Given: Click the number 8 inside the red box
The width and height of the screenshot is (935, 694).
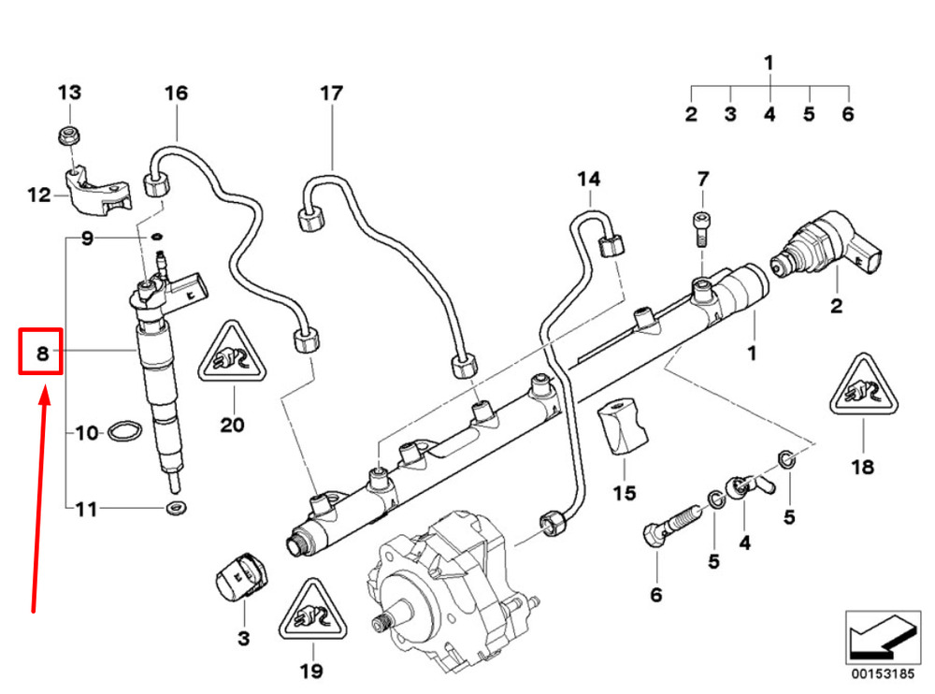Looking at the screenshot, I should (41, 353).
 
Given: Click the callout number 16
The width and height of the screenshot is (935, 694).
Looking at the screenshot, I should (176, 93).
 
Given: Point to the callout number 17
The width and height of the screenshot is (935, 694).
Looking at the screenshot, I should (331, 93).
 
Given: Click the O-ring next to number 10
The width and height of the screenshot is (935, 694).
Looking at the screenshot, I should (122, 431).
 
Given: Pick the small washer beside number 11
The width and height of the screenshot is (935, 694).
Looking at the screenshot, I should (173, 509).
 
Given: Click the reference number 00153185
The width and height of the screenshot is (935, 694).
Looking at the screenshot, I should (875, 672).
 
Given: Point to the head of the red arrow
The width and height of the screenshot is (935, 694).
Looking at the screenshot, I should (43, 395).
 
